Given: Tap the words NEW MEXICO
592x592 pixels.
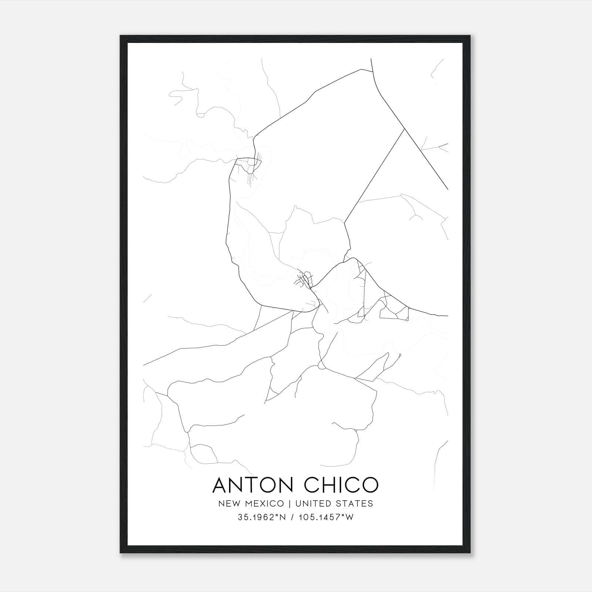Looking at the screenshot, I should tap(251, 504).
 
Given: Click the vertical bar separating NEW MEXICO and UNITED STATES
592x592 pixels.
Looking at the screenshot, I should tap(289, 504).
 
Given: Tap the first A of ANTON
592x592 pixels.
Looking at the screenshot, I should tap(221, 485).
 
